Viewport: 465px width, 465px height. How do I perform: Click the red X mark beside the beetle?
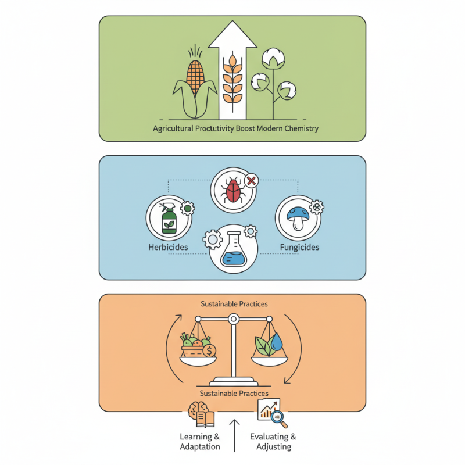(251, 181)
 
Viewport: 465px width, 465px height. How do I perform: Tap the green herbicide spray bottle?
(169, 218)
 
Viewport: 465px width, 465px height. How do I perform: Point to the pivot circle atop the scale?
(233, 319)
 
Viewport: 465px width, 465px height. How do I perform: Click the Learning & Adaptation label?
(199, 442)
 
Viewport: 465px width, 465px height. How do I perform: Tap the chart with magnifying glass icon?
(270, 411)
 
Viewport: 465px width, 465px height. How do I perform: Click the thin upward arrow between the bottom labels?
(234, 434)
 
